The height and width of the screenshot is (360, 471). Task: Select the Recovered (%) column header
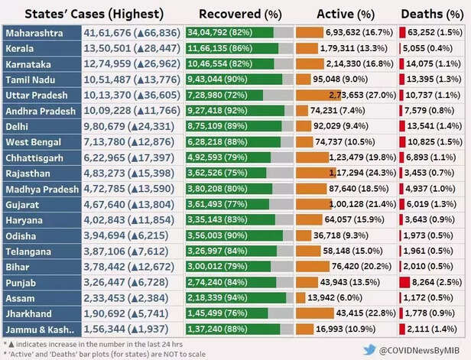point(239,14)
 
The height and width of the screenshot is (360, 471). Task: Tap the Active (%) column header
point(346,14)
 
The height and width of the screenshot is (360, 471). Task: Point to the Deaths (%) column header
point(431,14)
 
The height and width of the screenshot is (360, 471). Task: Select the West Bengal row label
point(35,141)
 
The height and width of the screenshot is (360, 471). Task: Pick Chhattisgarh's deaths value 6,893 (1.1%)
point(433,157)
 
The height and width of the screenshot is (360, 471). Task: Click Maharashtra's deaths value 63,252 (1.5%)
point(434,34)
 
